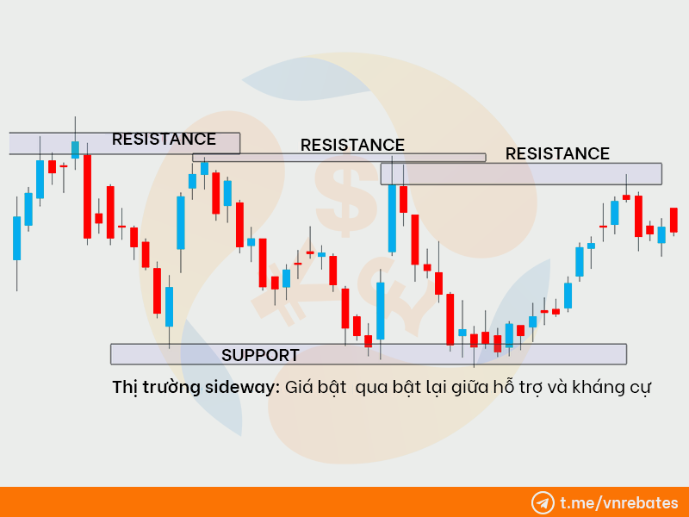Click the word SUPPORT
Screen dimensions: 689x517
(260, 355)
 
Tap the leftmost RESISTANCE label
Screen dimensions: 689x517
(164, 139)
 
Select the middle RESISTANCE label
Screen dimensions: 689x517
(352, 145)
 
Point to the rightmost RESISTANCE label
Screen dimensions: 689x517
(557, 154)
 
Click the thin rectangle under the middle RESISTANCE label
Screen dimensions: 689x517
(338, 158)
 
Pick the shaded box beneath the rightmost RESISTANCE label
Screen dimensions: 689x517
(521, 174)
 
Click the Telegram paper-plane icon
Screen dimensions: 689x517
(543, 503)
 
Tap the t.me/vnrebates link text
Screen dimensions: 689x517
(619, 503)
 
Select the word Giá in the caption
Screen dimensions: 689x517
(299, 387)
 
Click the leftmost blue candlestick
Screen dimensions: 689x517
(16, 239)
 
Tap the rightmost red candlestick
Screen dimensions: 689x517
(673, 220)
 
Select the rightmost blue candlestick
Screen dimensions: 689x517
(661, 234)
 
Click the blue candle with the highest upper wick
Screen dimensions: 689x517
(75, 149)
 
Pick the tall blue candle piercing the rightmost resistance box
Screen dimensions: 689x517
(392, 218)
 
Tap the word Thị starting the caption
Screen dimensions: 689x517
(125, 387)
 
